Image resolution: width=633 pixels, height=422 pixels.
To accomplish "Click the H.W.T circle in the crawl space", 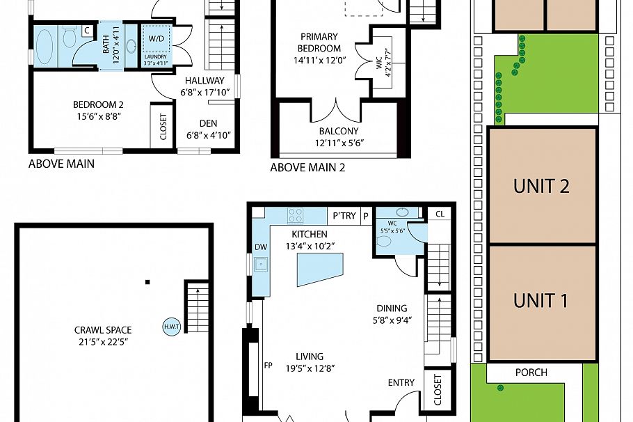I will pyautogui.click(x=171, y=327).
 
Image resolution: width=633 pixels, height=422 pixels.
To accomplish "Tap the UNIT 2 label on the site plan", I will pyautogui.click(x=541, y=186).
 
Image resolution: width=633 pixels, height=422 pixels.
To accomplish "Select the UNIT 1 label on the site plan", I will pyautogui.click(x=541, y=300).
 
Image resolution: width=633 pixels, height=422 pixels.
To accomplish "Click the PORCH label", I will pyautogui.click(x=531, y=373).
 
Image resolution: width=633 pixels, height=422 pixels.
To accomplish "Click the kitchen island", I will pyautogui.click(x=319, y=269).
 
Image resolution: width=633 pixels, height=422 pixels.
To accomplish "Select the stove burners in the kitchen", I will pyautogui.click(x=296, y=215).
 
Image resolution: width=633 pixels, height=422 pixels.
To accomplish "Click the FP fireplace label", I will pyautogui.click(x=269, y=364).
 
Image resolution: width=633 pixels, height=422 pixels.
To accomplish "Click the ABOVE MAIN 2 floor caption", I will pyautogui.click(x=307, y=167).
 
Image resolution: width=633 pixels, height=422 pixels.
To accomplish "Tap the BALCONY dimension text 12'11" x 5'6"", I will pyautogui.click(x=339, y=143).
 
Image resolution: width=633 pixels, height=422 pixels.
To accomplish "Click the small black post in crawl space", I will pyautogui.click(x=147, y=282).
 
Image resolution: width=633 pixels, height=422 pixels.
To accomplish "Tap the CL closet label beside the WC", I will pyautogui.click(x=439, y=214).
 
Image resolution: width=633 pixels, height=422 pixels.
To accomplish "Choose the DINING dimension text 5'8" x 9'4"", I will pyautogui.click(x=392, y=320).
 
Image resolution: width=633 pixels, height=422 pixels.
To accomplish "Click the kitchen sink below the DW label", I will pyautogui.click(x=262, y=264).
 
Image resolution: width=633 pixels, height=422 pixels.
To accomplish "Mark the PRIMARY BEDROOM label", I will pyautogui.click(x=319, y=42).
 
